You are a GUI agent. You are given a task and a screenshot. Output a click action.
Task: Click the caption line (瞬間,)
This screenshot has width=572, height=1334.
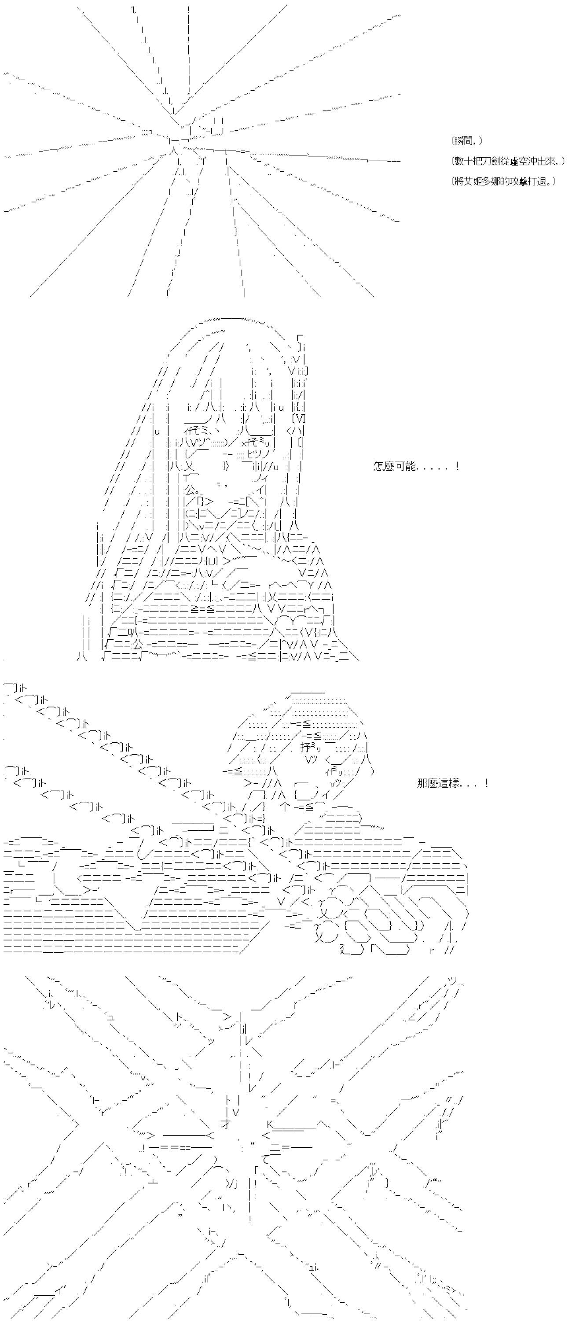(x=467, y=141)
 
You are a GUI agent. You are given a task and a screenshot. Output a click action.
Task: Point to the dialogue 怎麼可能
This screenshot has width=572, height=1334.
(x=394, y=466)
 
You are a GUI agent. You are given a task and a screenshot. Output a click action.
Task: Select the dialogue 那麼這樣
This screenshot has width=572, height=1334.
(x=438, y=783)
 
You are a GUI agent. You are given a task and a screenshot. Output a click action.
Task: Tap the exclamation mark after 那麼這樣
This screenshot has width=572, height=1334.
(x=487, y=782)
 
